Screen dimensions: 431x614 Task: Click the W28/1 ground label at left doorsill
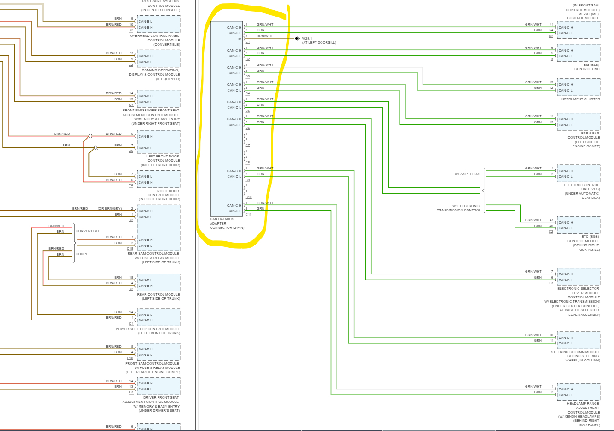point(307,39)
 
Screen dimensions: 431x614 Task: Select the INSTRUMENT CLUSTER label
point(580,99)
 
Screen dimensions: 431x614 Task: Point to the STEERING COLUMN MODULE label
point(575,352)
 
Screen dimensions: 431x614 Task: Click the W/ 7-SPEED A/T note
point(468,174)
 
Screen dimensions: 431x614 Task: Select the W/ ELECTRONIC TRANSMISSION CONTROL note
point(458,208)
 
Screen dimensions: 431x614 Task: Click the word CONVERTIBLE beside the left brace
point(88,231)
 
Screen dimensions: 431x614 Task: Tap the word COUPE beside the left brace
point(82,254)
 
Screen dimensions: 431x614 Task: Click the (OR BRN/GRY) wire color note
point(110,209)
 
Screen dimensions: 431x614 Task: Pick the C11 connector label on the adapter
point(248,215)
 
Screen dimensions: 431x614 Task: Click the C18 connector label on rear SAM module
point(130,249)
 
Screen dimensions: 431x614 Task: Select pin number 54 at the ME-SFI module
point(551,30)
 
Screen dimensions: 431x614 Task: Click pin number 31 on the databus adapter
point(240,39)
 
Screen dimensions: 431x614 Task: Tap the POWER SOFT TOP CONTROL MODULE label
point(148,329)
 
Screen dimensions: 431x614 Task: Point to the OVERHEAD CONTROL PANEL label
point(155,36)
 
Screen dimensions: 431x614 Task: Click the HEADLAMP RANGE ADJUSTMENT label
point(583,406)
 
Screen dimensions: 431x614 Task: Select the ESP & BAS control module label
point(590,134)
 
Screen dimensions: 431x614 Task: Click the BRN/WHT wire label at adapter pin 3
point(265,36)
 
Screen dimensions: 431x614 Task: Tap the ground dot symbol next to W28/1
point(297,38)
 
